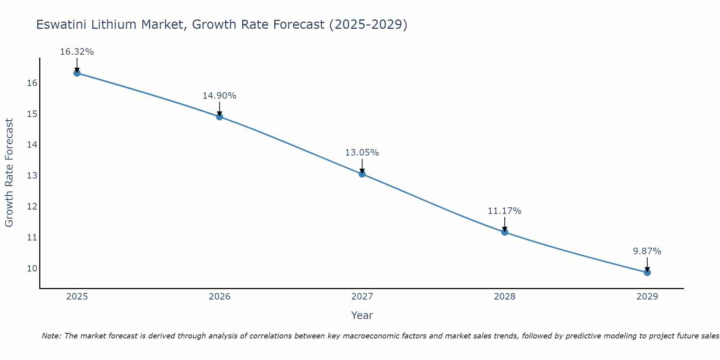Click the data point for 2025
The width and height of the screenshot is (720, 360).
(x=77, y=73)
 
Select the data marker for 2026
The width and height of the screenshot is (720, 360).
(x=220, y=117)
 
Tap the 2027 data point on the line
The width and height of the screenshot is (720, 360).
(x=362, y=174)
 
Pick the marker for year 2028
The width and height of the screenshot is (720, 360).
(x=505, y=232)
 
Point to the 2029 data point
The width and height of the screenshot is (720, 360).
(x=647, y=273)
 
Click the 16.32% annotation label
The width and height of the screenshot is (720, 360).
(x=77, y=52)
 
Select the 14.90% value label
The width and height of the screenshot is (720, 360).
(x=219, y=96)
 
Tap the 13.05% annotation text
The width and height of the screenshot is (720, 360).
(x=362, y=153)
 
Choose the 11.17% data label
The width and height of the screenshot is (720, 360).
(x=504, y=211)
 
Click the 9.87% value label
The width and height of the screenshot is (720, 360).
(x=647, y=251)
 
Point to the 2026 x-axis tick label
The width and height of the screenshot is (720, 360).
(x=220, y=297)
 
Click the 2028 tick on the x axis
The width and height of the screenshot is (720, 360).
(x=505, y=297)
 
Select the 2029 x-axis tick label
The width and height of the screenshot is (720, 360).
(x=647, y=297)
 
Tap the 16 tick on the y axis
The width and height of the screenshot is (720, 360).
(x=32, y=83)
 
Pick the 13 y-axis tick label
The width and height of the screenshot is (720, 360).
(x=32, y=176)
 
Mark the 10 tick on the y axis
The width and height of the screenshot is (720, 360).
(x=32, y=268)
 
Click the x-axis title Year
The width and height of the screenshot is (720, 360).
(x=362, y=315)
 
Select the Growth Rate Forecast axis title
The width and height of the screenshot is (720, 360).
(x=9, y=173)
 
